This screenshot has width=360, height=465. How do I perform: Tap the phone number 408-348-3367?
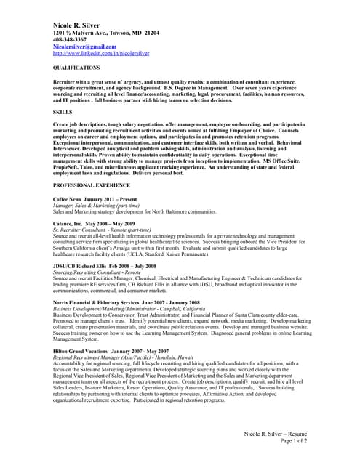tap(71, 40)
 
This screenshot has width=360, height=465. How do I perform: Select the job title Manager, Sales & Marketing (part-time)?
tap(98, 205)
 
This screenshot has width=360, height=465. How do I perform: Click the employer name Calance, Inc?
tap(68, 223)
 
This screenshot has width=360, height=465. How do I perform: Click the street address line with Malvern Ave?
tap(106, 33)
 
